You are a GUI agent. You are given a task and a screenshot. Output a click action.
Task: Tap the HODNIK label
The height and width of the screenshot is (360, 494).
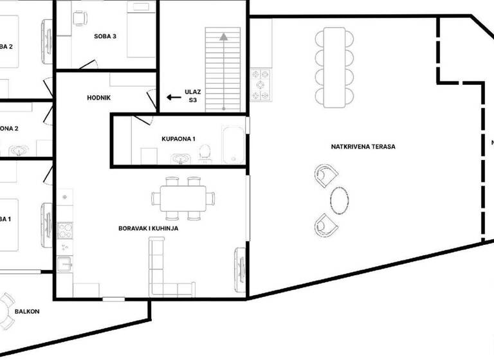[x=100, y=98]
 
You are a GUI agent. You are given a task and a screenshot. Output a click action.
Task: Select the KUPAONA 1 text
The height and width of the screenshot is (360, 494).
[x=178, y=139]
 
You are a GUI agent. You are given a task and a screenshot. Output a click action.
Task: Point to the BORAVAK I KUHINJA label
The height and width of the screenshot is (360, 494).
[x=148, y=228]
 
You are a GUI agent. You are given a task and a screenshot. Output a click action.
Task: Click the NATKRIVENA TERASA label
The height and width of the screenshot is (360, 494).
[x=363, y=147]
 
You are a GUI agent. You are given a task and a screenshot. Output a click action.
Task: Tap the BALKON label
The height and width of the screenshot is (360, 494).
[x=27, y=312]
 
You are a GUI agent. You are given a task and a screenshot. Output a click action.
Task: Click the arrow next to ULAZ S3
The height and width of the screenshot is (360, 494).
[x=172, y=98]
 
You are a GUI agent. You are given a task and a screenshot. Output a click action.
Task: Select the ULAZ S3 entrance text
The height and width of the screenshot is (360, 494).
[x=193, y=96]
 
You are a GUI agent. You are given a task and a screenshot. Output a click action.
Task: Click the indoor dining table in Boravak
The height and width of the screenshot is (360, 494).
[x=183, y=197]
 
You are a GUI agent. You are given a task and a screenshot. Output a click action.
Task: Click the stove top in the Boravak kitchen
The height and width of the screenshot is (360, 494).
[x=64, y=229]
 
